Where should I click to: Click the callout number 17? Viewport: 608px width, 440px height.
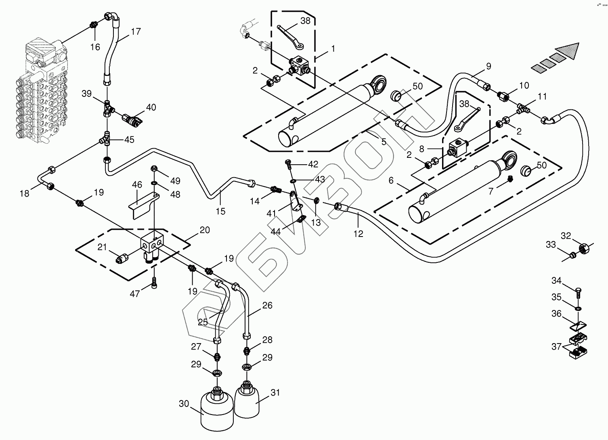click(x=136, y=31)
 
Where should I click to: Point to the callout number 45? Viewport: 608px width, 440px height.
click(x=129, y=140)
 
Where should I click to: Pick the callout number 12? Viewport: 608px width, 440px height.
click(x=358, y=233)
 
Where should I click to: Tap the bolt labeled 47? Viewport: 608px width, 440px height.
click(x=154, y=282)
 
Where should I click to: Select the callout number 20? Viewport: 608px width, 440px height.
click(x=205, y=230)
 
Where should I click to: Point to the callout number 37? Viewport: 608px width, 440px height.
click(x=556, y=346)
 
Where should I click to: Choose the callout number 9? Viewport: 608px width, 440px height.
click(x=488, y=66)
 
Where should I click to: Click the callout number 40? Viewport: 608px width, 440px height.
click(x=151, y=107)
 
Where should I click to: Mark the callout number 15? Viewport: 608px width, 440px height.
click(x=221, y=211)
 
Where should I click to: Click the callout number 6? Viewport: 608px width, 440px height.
click(x=391, y=180)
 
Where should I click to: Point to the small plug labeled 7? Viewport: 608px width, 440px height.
click(x=510, y=179)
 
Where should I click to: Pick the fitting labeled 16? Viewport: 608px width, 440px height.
click(x=94, y=25)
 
